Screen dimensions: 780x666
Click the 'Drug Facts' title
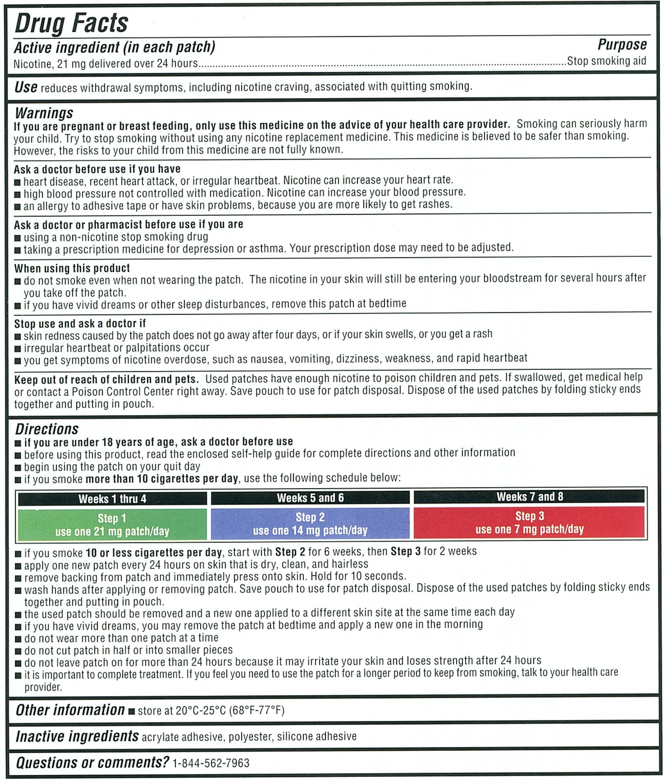tap(71, 23)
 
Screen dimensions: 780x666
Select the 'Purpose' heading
tap(622, 44)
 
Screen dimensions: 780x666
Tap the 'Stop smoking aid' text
tap(607, 61)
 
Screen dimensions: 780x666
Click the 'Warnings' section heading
tap(44, 113)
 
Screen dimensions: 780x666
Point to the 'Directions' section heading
tap(47, 429)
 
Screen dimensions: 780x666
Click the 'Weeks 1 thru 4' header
tap(112, 499)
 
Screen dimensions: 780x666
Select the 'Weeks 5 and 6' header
tap(310, 498)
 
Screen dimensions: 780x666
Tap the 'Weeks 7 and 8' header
tap(530, 496)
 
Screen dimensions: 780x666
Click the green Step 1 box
tap(112, 524)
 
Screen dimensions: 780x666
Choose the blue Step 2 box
tap(310, 523)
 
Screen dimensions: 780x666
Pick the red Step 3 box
tap(530, 522)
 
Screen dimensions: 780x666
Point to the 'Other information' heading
tap(70, 710)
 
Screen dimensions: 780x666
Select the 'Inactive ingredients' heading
tap(77, 736)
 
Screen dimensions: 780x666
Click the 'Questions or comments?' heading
tap(92, 762)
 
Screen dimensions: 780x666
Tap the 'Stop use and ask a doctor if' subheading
tap(80, 323)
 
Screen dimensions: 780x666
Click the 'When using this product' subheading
tap(72, 268)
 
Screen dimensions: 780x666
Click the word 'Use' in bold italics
tap(26, 87)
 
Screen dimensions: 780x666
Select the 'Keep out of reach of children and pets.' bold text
tap(106, 379)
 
